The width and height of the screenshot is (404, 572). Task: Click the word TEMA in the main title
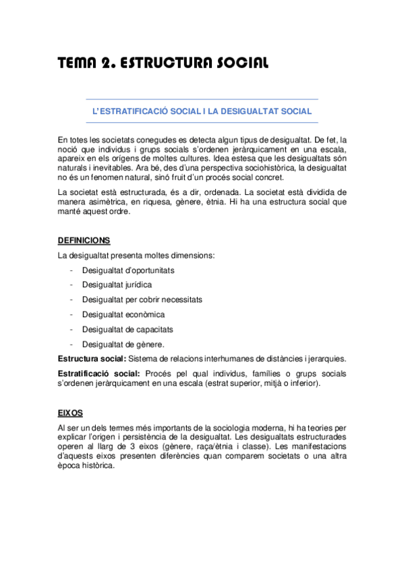77,63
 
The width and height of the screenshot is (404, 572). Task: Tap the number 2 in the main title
107,63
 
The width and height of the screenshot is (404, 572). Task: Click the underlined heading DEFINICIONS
84,241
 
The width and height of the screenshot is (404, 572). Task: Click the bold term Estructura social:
92,358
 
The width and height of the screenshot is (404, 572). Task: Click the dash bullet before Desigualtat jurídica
71,285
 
